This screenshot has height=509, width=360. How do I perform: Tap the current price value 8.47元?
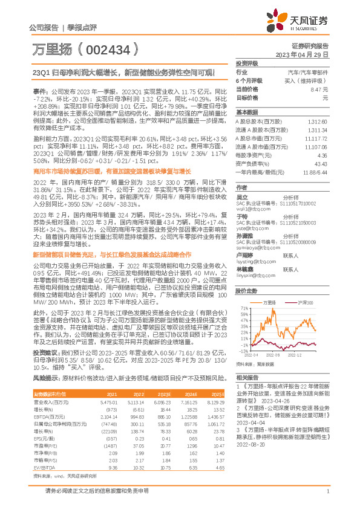click(x=319, y=89)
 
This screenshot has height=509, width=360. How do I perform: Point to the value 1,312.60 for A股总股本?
click(x=318, y=122)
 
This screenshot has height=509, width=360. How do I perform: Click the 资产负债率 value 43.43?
click(x=321, y=164)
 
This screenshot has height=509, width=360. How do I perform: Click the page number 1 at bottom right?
click(x=327, y=498)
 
